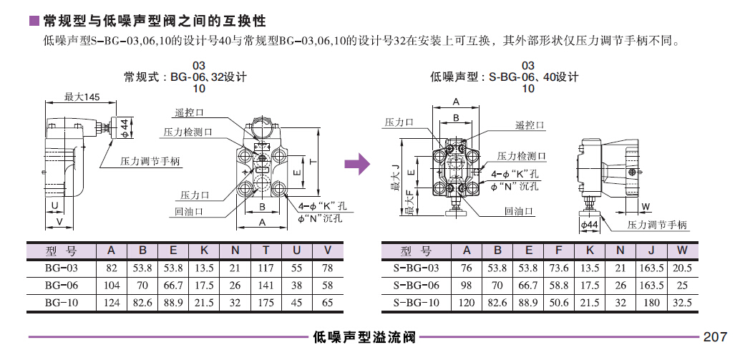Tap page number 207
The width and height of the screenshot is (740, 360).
(x=715, y=336)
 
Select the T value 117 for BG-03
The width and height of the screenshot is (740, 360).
(x=266, y=268)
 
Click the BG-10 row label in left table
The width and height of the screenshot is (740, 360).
(x=61, y=303)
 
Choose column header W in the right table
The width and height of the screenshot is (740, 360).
(x=682, y=250)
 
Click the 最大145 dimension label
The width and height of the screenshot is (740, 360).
(x=82, y=97)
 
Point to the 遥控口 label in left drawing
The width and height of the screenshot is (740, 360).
(x=189, y=112)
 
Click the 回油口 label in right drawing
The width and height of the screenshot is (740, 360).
(x=519, y=211)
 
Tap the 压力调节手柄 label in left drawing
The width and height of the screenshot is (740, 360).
(x=150, y=162)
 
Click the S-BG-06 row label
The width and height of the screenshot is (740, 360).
(x=417, y=286)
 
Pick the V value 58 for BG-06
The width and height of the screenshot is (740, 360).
(x=328, y=286)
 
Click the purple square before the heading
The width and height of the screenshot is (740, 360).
(x=33, y=21)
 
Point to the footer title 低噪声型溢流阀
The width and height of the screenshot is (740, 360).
(x=364, y=336)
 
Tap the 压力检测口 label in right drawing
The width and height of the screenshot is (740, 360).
(x=522, y=156)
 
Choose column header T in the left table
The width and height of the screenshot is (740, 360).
(x=266, y=250)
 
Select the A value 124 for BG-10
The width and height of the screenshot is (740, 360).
(x=111, y=303)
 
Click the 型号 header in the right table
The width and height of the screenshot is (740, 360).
(x=417, y=250)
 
